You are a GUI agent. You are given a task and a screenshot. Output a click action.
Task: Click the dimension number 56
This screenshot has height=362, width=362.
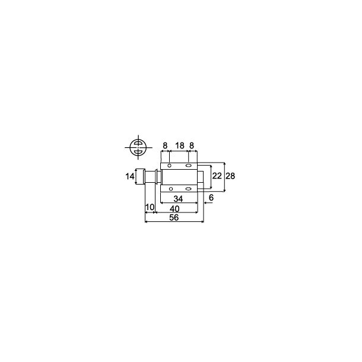coord(174,217)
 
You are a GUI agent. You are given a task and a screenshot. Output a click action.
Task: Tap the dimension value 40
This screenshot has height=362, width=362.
coord(174,209)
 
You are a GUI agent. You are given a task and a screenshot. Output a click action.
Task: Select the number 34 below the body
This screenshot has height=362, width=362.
coord(178,199)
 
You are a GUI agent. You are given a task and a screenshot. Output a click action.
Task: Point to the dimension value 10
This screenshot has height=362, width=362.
coord(150,207)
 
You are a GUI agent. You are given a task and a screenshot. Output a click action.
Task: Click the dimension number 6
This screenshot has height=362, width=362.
coord(211,198)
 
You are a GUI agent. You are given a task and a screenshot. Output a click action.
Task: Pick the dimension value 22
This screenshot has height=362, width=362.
coord(217,176)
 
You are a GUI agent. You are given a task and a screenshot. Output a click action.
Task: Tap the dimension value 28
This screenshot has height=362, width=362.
coord(230,176)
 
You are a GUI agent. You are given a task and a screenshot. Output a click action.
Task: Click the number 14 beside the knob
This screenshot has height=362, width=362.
coord(130,177)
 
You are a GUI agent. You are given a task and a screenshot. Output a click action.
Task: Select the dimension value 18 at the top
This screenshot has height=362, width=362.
coord(180,145)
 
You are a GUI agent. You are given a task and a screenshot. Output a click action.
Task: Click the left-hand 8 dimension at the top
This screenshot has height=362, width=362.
coord(165,145)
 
